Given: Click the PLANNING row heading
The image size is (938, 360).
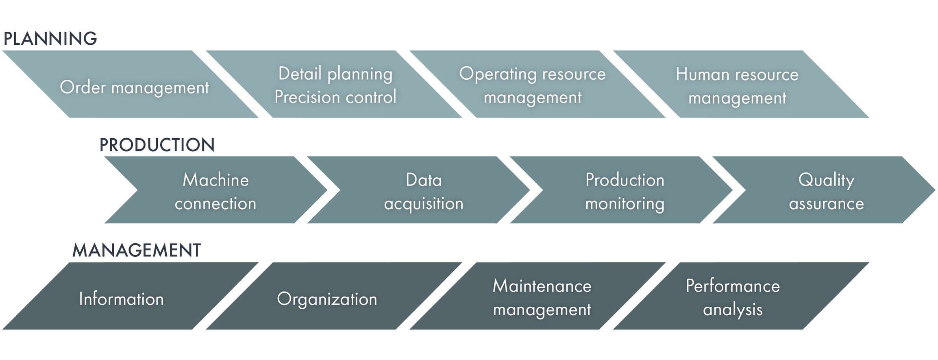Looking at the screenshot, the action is (x=50, y=39).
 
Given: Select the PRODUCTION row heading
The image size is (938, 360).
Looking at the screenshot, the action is (x=157, y=145).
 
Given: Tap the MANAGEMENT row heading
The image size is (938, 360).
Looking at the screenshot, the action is (x=137, y=250).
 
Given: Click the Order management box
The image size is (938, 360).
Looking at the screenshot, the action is (x=131, y=84).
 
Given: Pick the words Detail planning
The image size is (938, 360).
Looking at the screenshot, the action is (x=335, y=74).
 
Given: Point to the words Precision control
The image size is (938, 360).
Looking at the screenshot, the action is (x=335, y=97).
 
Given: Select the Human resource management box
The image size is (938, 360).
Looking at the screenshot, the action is (x=741, y=84).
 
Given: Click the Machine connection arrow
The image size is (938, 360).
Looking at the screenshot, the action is (x=216, y=190).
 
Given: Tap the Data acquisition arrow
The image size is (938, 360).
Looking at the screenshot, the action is (x=418, y=190).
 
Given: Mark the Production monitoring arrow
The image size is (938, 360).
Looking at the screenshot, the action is (x=621, y=190).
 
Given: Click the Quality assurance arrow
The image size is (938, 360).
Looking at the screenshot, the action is (x=824, y=190).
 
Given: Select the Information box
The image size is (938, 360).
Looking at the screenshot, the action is (x=131, y=296).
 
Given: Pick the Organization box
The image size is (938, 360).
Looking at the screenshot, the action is (x=334, y=296).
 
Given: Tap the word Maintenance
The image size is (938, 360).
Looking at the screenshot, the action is (x=542, y=286).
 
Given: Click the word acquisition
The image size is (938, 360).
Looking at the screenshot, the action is (x=424, y=204).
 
